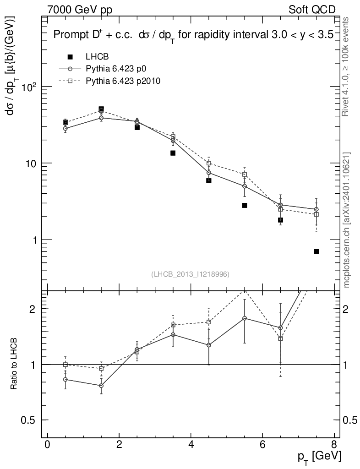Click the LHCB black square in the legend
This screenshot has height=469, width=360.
70,57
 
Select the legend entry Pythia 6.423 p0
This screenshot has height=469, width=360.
119,69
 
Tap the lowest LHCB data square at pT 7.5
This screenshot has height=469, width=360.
316,251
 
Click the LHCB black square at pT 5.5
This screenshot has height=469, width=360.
245,205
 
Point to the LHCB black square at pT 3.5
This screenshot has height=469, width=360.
173,153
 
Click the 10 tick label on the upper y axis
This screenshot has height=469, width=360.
33,164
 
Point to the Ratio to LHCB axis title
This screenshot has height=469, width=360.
14,365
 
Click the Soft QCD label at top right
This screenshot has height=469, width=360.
312,10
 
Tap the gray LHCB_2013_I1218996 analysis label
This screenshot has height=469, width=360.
190,274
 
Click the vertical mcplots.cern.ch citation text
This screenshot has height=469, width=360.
348,220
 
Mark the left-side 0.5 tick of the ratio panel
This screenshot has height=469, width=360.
31,420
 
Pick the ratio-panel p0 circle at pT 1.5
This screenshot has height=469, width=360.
101,386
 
